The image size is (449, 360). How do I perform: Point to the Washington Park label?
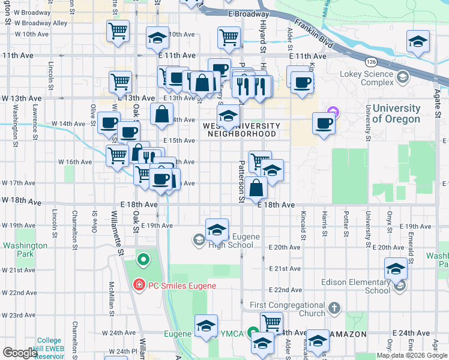[25, 250]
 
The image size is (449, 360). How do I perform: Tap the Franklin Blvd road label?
[318, 35]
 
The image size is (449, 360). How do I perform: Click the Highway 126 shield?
[370, 62]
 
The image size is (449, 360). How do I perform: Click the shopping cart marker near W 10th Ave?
[118, 30]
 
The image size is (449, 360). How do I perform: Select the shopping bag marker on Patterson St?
[256, 188]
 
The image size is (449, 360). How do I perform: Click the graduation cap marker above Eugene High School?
[217, 229]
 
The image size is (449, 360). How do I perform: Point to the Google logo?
[20, 353]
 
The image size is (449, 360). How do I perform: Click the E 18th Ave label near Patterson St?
[276, 205]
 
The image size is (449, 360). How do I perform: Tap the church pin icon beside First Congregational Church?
[334, 309]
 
